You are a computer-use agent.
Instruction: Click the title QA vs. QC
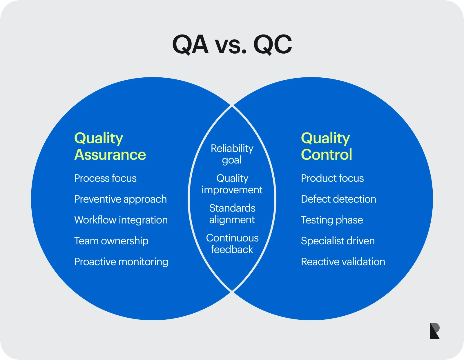click(x=232, y=45)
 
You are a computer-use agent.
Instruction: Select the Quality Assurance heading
click(x=110, y=146)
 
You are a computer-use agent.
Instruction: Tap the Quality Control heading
click(x=327, y=146)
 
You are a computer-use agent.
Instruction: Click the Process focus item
click(x=105, y=178)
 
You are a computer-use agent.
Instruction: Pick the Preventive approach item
click(x=120, y=199)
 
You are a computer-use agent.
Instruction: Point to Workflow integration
click(x=121, y=220)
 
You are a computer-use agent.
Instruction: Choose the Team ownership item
click(x=111, y=241)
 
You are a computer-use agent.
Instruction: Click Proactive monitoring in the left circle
click(x=121, y=262)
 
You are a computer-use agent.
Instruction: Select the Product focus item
click(x=332, y=178)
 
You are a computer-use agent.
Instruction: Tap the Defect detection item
click(x=338, y=199)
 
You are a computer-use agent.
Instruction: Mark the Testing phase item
click(x=332, y=220)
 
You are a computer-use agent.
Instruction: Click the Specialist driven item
click(x=338, y=241)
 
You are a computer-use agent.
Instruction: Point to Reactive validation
click(x=343, y=262)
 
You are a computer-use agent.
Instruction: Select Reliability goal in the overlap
click(x=232, y=154)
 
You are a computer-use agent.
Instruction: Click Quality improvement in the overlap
click(x=232, y=184)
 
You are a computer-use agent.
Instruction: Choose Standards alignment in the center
click(x=232, y=214)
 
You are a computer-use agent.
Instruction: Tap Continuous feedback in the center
click(x=232, y=244)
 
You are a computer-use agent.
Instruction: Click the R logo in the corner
click(x=435, y=331)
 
